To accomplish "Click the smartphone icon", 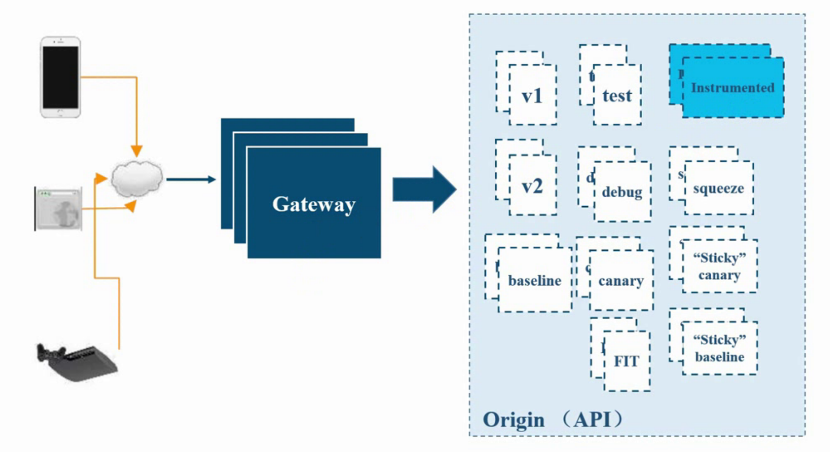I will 61,77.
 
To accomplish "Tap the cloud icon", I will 137,178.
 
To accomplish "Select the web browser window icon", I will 59,209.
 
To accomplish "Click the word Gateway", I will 314,204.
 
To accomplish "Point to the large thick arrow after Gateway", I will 424,189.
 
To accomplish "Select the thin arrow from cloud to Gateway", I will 191,179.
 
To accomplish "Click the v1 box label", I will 532,96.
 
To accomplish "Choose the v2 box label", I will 532,186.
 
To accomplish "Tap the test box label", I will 617,96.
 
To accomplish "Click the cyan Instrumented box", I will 732,88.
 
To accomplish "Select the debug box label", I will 622,192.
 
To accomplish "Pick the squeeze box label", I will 718,188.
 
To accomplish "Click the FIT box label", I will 626,361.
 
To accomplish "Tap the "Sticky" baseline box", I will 720,348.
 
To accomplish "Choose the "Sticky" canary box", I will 720,266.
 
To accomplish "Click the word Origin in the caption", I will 514,420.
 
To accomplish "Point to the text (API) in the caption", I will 592,420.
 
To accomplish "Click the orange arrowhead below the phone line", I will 137,151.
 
